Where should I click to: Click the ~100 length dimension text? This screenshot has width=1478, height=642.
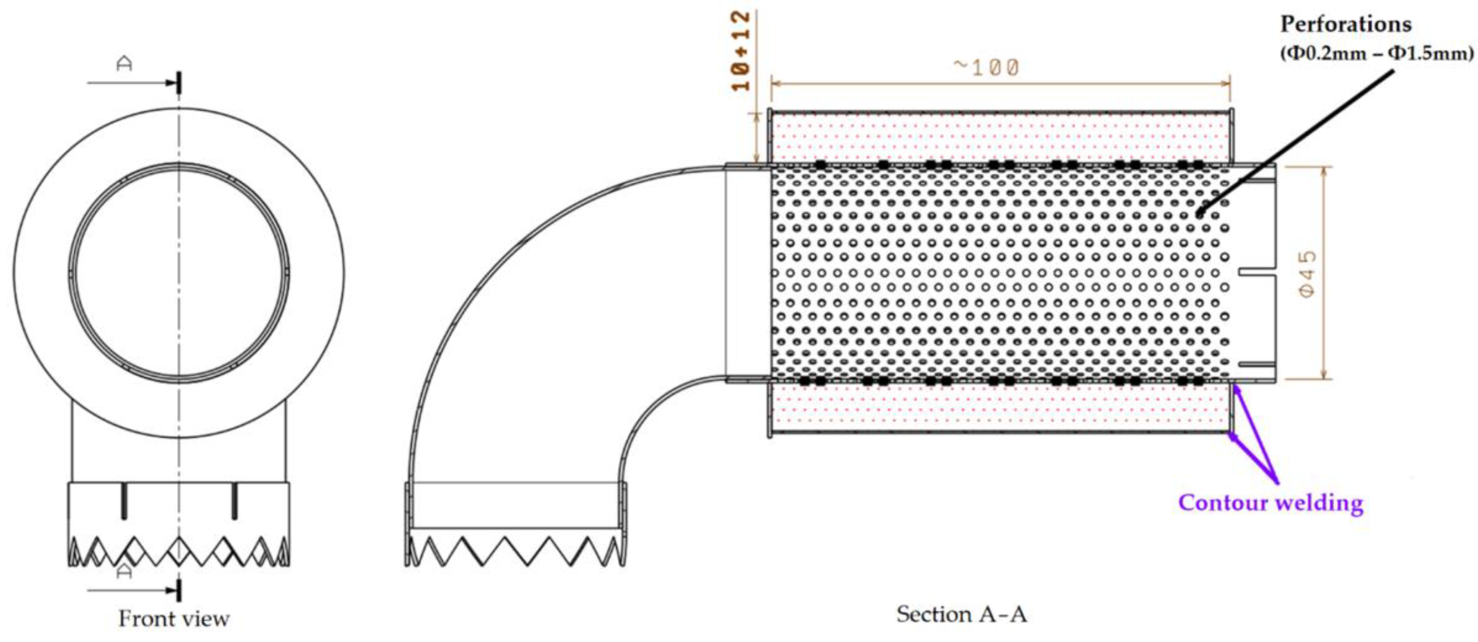click(x=986, y=68)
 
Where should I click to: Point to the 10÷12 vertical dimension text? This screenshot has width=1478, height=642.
click(x=742, y=51)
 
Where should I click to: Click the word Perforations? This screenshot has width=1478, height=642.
click(x=1346, y=24)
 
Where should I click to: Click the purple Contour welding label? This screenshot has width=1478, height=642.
click(x=1270, y=502)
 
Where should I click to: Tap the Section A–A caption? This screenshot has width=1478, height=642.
click(x=962, y=614)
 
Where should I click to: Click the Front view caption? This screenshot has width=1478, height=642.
click(x=174, y=619)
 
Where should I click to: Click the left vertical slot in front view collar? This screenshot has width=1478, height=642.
click(x=124, y=501)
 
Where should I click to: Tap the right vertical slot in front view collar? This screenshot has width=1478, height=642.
click(x=234, y=501)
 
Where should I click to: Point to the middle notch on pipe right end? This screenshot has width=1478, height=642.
click(x=1257, y=273)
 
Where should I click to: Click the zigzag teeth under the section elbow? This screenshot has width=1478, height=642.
click(x=515, y=551)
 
